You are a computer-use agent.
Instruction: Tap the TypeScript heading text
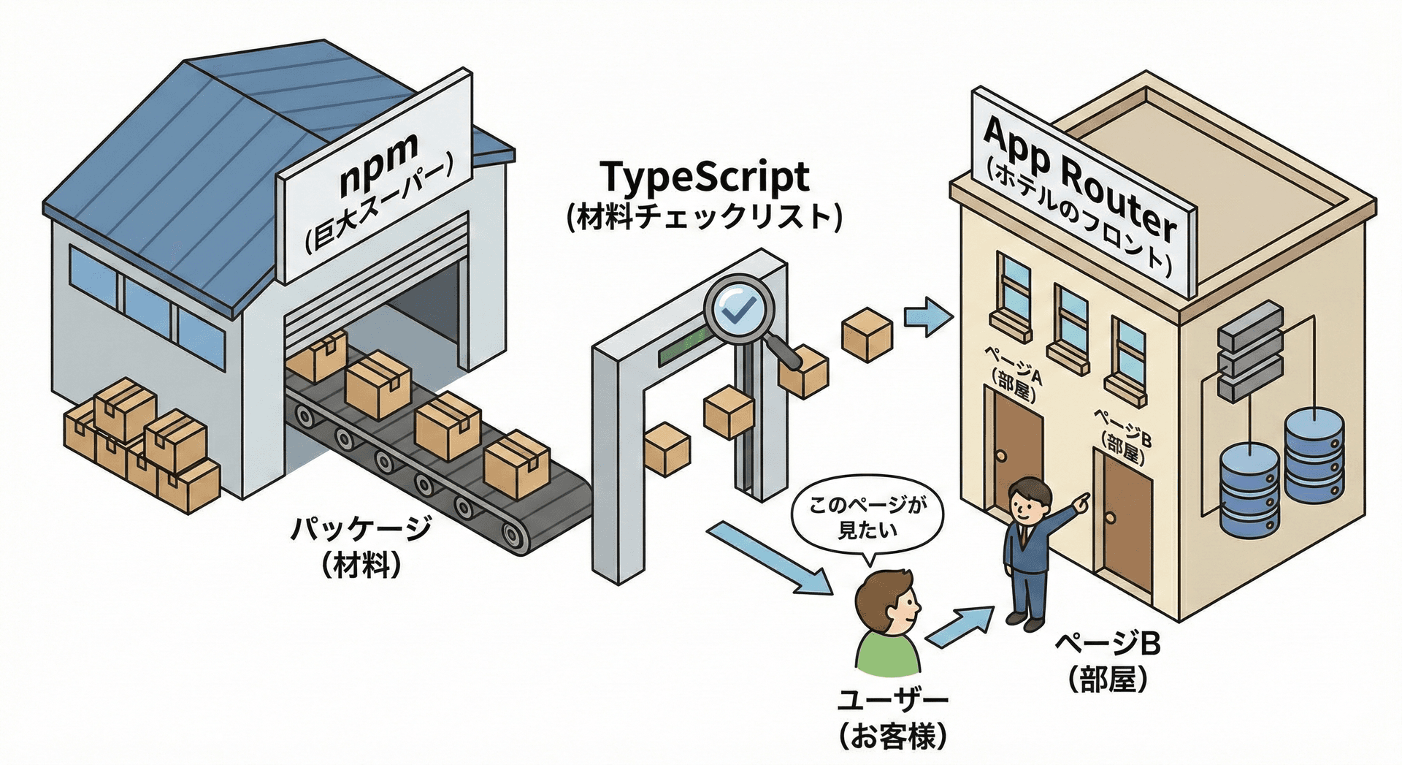click(x=704, y=178)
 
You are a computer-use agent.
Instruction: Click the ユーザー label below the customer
click(x=892, y=700)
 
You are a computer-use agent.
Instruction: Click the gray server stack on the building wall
click(x=1250, y=352)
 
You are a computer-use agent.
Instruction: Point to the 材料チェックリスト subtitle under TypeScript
click(x=704, y=217)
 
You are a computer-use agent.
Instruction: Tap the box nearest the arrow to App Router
click(x=867, y=335)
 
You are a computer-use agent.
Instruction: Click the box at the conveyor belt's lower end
click(x=516, y=464)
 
